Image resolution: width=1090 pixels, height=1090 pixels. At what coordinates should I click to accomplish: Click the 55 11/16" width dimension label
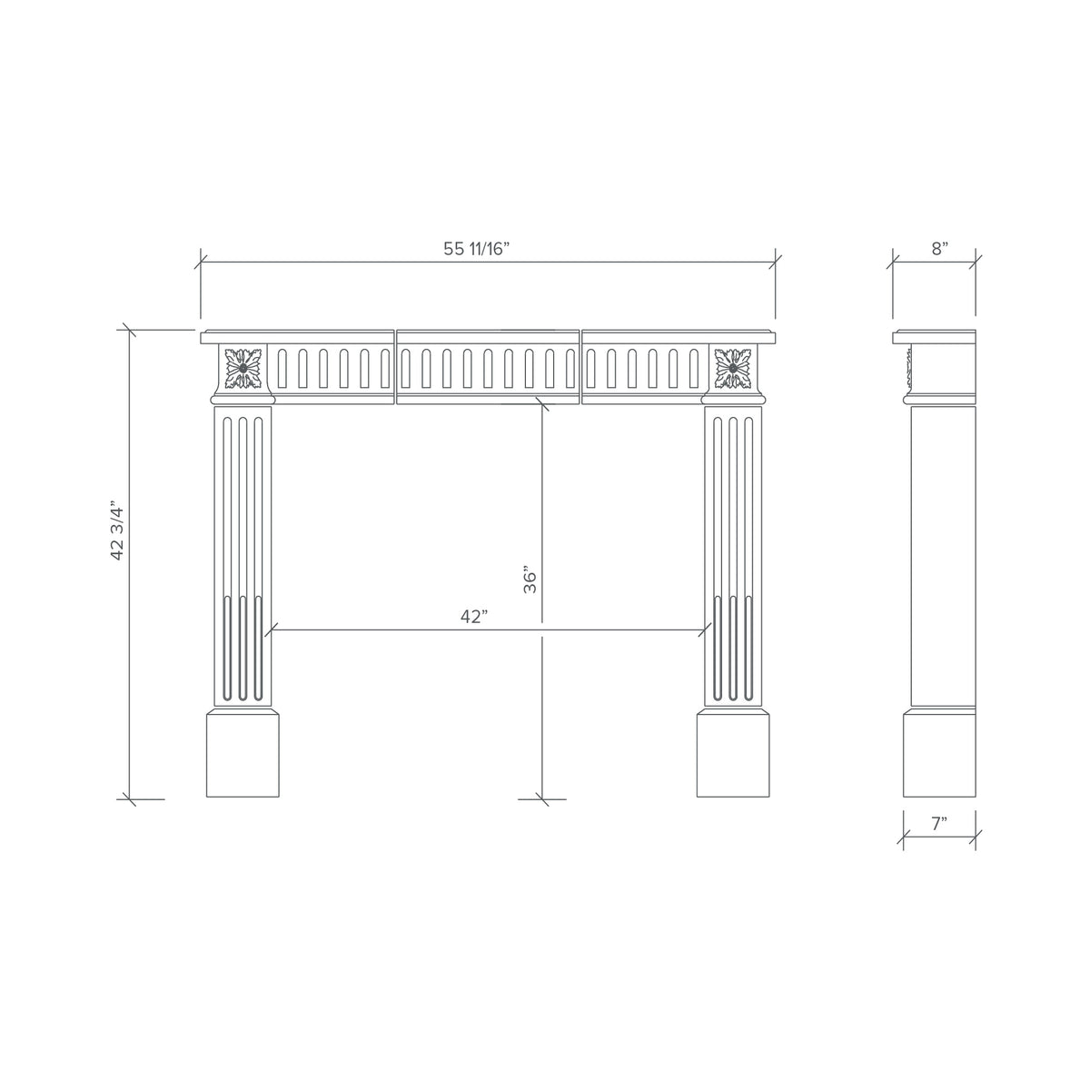[x=476, y=249]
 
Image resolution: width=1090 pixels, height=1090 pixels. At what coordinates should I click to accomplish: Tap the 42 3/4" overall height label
[x=116, y=530]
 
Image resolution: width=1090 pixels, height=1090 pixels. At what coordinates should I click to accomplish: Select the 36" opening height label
[x=530, y=579]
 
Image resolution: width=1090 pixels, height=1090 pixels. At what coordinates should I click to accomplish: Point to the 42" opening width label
[x=474, y=617]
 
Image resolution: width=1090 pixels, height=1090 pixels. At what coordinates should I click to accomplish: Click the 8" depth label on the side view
[x=939, y=249]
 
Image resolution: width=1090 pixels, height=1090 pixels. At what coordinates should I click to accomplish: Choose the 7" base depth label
[x=939, y=824]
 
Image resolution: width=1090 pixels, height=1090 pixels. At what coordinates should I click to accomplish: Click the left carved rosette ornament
[x=243, y=368]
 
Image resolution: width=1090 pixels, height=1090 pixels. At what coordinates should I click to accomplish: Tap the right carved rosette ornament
[x=732, y=368]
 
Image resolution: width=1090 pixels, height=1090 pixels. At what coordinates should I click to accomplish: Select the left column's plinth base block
[x=243, y=754]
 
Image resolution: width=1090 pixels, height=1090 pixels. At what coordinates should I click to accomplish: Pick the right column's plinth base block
[x=732, y=754]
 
